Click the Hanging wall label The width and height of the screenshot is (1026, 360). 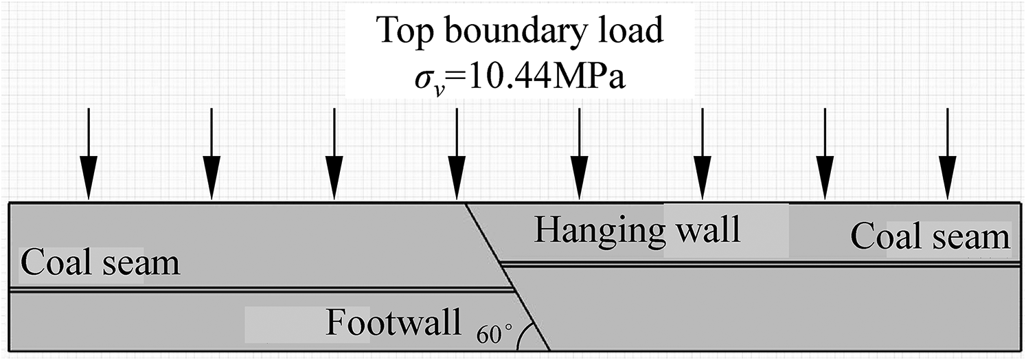click(x=637, y=230)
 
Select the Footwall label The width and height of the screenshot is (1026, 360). click(x=394, y=322)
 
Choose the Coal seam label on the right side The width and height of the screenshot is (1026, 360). click(x=931, y=236)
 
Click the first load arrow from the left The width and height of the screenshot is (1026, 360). click(x=89, y=154)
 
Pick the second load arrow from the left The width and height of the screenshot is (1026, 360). click(x=212, y=154)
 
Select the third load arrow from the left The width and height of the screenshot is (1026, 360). click(x=334, y=154)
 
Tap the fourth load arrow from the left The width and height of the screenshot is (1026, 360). click(x=457, y=154)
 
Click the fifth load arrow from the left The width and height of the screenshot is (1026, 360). click(x=580, y=154)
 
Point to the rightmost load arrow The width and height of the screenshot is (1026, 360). click(x=948, y=154)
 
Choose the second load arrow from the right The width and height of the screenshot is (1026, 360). click(x=825, y=154)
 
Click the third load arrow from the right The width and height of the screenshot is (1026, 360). click(x=703, y=154)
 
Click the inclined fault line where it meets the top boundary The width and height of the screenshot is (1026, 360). click(x=466, y=203)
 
